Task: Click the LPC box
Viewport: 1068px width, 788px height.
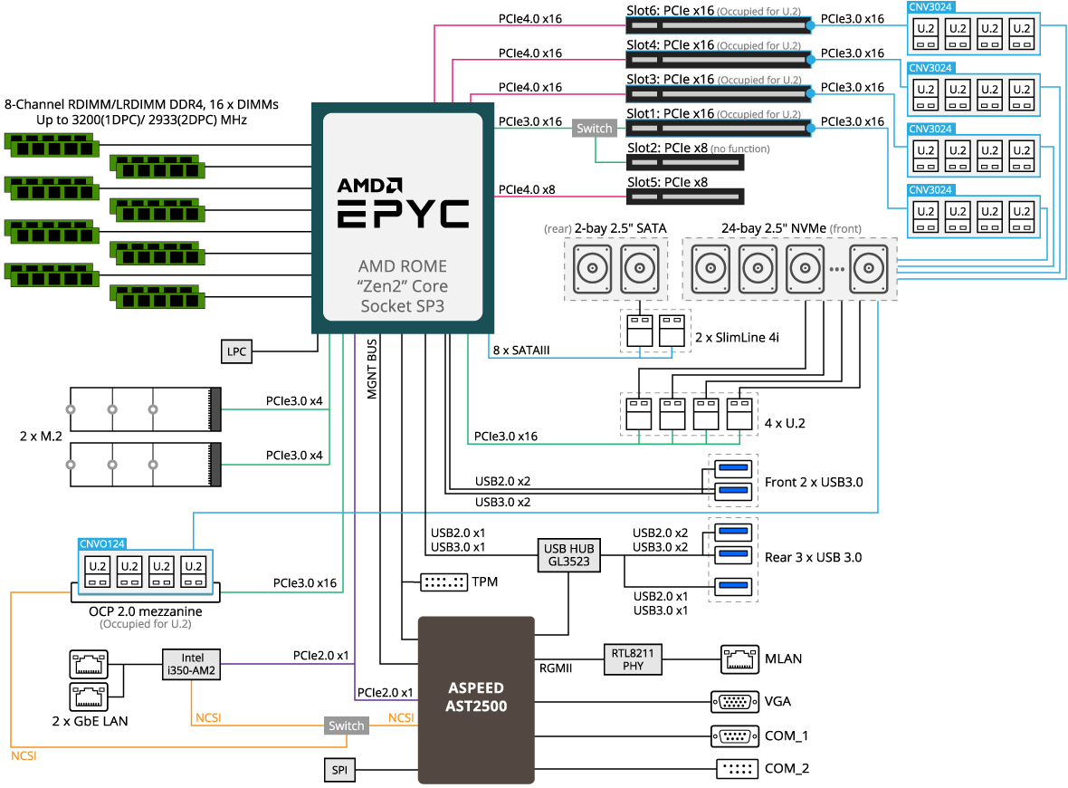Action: pos(236,351)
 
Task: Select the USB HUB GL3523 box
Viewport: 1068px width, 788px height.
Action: pos(568,555)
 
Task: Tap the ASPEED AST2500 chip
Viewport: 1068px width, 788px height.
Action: pos(476,700)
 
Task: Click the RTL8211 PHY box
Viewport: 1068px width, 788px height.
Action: pos(633,659)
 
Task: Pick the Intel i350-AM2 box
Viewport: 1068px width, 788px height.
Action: pos(191,664)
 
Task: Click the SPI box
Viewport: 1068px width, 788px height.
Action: pos(339,770)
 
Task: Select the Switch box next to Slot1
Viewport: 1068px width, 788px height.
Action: pos(595,128)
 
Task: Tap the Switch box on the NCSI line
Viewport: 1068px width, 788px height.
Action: pos(347,726)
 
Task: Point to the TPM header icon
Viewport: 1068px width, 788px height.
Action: pos(443,582)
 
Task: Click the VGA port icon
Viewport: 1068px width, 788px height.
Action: pos(735,701)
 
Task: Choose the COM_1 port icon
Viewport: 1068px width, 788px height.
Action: pos(735,736)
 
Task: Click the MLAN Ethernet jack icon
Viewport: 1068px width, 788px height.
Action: pos(739,659)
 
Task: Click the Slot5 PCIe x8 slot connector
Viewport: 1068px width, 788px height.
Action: pos(685,197)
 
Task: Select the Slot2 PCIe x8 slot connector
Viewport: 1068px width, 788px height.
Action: pos(685,162)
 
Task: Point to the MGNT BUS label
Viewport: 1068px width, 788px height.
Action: pos(372,369)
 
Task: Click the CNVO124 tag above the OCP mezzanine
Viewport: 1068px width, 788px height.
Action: pos(102,544)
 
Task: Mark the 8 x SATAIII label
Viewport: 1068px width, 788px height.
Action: pos(521,351)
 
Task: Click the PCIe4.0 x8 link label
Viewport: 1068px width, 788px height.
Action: pos(527,189)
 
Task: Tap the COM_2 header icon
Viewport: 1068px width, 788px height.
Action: pos(738,769)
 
